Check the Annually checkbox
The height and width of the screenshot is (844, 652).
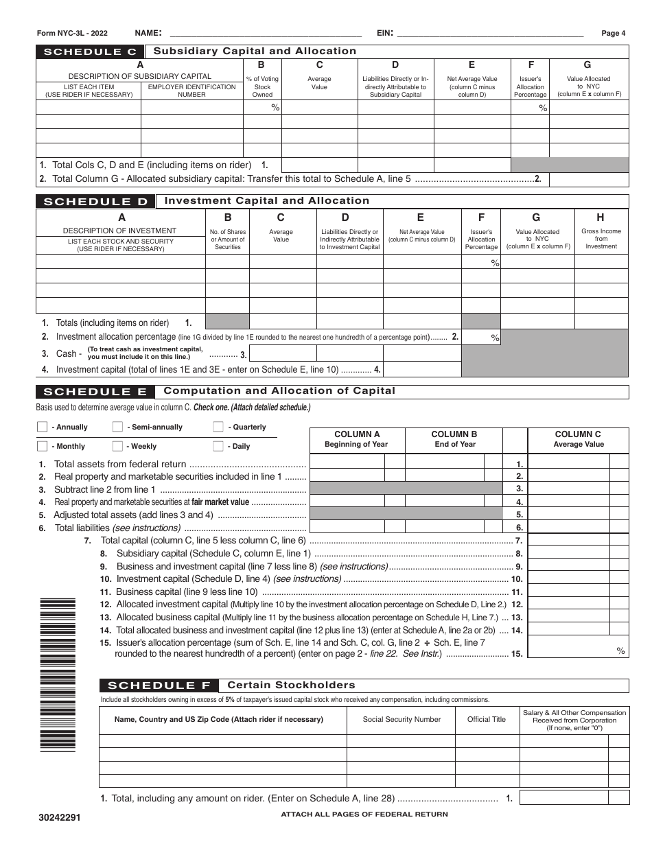click(x=42, y=427)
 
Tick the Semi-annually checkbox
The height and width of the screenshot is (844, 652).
click(x=117, y=427)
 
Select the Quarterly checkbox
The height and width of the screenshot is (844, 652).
click(x=218, y=427)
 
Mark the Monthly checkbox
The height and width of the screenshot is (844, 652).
click(x=42, y=446)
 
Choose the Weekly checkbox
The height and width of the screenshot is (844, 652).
click(x=117, y=446)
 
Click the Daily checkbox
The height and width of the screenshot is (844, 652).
click(x=218, y=446)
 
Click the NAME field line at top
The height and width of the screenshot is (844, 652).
click(x=265, y=33)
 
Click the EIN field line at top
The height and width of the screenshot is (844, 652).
click(x=490, y=33)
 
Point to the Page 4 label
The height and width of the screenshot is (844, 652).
click(x=613, y=33)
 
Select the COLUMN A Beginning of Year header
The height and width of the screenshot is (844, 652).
click(x=357, y=439)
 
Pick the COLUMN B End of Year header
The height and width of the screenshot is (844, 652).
click(x=454, y=439)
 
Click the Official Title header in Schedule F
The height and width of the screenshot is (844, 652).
click(x=487, y=719)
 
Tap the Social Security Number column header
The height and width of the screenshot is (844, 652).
click(x=401, y=719)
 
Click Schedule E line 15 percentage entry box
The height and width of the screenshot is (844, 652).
click(x=579, y=647)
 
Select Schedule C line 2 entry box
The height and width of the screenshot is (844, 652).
click(x=589, y=179)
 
